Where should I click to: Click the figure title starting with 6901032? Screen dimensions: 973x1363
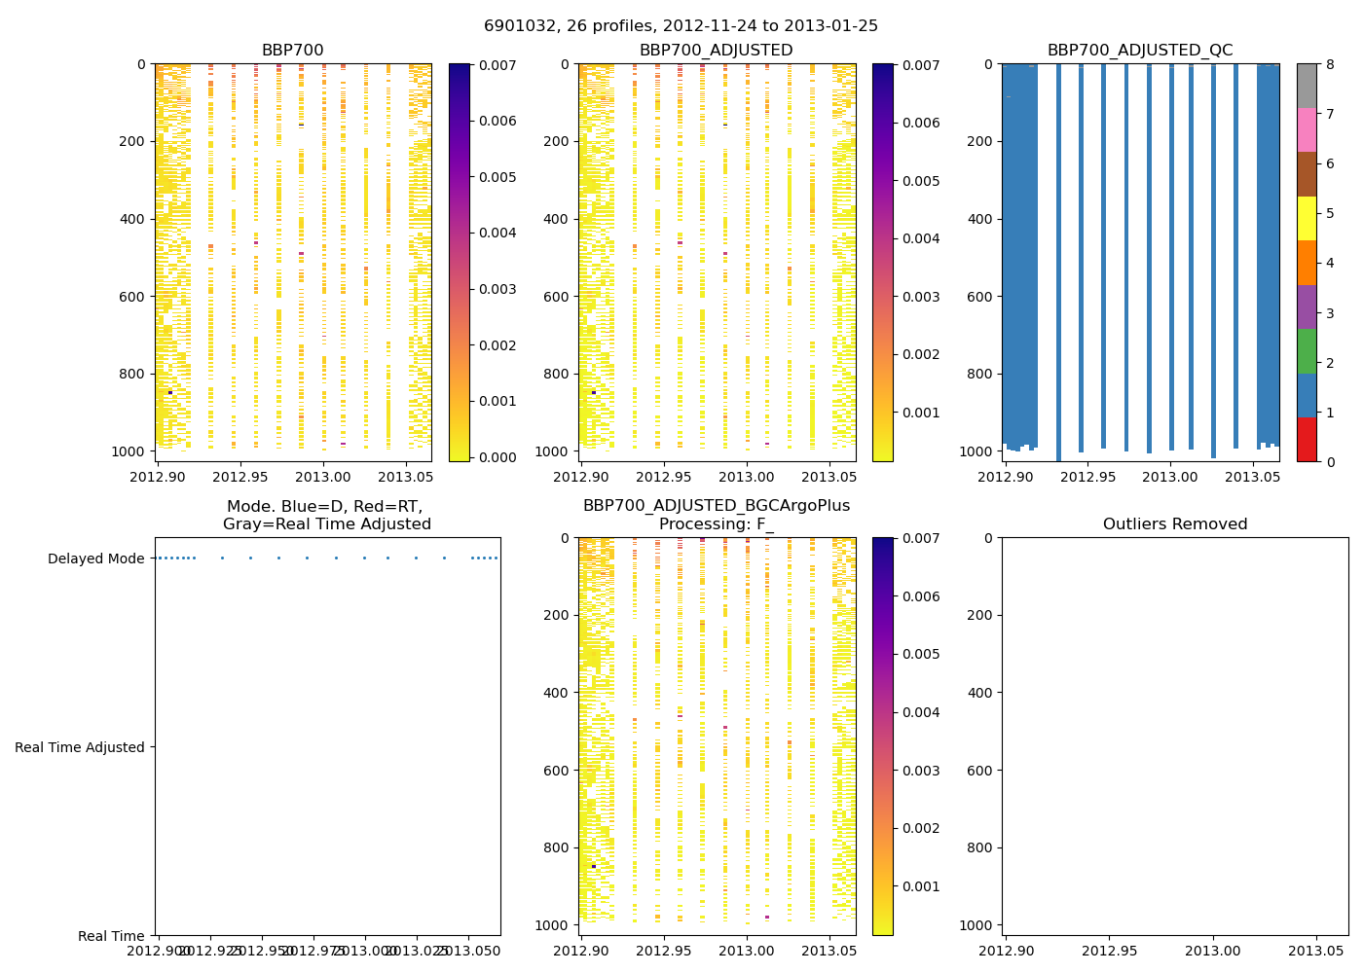[x=681, y=26]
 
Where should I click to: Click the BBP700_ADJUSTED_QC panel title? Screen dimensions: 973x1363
[x=1140, y=51]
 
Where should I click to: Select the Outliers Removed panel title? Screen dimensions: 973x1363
[x=1175, y=524]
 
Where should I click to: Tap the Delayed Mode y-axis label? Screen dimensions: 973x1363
[x=95, y=559]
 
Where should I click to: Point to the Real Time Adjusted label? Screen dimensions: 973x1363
[x=80, y=747]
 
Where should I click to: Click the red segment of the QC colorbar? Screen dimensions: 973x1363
[x=1306, y=439]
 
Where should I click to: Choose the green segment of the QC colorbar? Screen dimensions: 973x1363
[x=1306, y=350]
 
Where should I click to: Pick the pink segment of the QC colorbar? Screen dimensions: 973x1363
[x=1306, y=129]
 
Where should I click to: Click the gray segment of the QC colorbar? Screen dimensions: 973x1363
[x=1306, y=86]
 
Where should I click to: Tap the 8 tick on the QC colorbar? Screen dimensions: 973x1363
[x=1330, y=65]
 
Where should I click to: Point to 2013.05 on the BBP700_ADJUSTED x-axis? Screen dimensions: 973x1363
[x=829, y=478]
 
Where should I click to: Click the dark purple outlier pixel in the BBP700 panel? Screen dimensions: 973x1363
[x=170, y=393]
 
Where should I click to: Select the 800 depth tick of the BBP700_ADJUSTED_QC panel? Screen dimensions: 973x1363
[x=980, y=374]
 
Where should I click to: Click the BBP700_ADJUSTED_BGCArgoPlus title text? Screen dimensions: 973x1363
[x=716, y=506]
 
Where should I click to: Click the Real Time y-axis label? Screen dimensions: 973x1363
[x=111, y=936]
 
